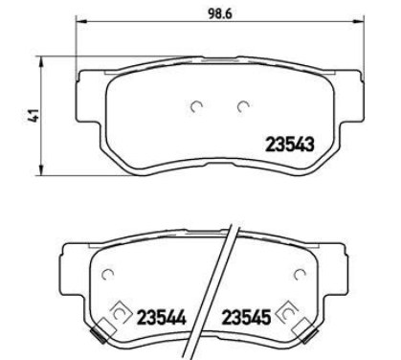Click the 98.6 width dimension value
(x=220, y=13)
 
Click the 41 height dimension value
(x=33, y=115)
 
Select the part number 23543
(x=290, y=145)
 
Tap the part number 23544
(x=162, y=318)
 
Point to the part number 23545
(x=246, y=318)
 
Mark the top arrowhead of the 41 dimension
(x=40, y=62)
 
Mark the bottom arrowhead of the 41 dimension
(x=40, y=169)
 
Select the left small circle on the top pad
(x=196, y=106)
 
